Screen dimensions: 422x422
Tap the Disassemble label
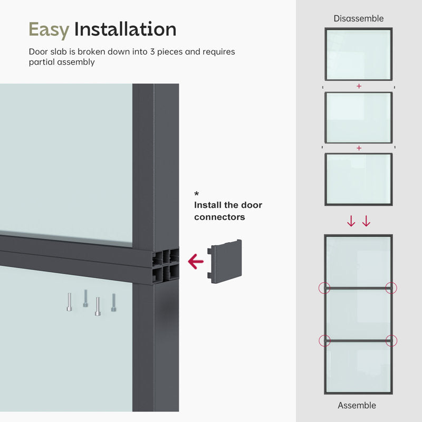[x=358, y=18]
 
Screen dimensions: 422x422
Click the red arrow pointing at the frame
[x=196, y=261]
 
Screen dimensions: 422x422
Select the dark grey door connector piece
[x=226, y=261]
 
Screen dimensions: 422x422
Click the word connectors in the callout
[x=219, y=217]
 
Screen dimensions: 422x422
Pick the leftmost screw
[x=69, y=302]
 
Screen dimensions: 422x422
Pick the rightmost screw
[x=113, y=302]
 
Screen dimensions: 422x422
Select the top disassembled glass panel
[x=358, y=54]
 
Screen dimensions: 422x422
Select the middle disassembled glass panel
[x=358, y=117]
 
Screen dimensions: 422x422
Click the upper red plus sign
[x=359, y=86]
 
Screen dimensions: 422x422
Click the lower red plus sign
[x=359, y=148]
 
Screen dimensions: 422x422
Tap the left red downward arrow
[x=351, y=221]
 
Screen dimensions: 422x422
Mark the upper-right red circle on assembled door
[x=391, y=288]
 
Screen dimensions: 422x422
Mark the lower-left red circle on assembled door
[x=324, y=341]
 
